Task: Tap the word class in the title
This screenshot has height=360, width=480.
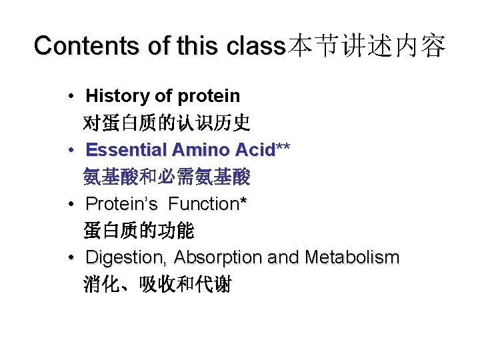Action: [x=255, y=46]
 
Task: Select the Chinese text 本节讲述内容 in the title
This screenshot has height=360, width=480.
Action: [x=365, y=46]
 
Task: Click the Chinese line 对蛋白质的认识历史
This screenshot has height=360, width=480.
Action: [x=166, y=123]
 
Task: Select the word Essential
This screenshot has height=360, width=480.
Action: [x=125, y=149]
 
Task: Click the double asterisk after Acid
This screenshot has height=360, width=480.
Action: [x=283, y=147]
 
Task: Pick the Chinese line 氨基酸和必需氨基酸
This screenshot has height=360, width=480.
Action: [x=166, y=177]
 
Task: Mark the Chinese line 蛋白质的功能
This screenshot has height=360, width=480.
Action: [x=138, y=231]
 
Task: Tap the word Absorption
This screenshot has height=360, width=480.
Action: [x=216, y=257]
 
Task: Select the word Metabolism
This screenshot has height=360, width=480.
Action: [x=352, y=257]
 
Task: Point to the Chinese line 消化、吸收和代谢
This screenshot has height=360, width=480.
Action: [x=157, y=285]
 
